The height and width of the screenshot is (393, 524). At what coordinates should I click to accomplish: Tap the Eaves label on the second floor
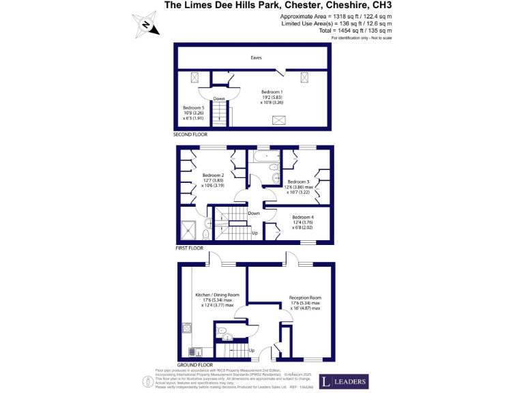[256, 58]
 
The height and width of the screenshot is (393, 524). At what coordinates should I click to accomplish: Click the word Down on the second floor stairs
[218, 99]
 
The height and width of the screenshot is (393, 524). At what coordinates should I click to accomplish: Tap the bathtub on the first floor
[262, 158]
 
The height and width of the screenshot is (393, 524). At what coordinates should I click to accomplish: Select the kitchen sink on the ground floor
[195, 352]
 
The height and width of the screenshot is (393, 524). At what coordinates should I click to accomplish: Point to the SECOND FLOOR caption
[190, 135]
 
